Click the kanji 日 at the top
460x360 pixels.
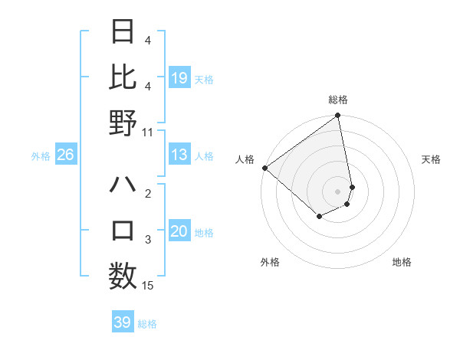point(123,31)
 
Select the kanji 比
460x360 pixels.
point(123,77)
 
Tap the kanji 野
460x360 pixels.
point(123,123)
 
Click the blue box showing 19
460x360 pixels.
point(179,77)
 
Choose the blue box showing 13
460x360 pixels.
point(179,155)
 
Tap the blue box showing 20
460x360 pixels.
point(179,231)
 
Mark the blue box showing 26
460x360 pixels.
point(65,155)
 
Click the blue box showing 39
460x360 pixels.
point(122,322)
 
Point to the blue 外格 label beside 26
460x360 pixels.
point(41,155)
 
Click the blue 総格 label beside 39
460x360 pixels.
point(147,323)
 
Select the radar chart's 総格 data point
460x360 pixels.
point(337,116)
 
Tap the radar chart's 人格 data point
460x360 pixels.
point(264,168)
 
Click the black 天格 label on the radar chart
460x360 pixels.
point(431,159)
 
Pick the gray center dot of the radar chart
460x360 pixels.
point(337,190)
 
